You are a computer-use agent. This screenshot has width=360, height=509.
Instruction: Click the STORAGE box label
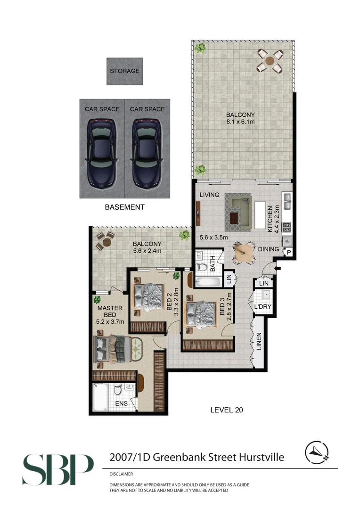coord(124,71)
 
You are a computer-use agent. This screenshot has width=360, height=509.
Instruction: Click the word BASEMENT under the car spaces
coord(124,207)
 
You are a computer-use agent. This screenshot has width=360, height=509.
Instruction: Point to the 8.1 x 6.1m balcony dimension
coord(240,123)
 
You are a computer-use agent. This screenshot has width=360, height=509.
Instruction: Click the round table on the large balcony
coord(270,61)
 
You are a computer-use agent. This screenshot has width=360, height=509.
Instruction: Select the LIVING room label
coord(210,195)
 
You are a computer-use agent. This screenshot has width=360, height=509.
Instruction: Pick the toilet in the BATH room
coord(202,268)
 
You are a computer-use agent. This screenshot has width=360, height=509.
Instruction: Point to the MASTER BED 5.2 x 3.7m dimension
coord(110,322)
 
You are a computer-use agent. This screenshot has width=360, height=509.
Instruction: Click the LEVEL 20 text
coord(226,410)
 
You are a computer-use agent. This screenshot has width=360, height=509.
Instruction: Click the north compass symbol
coord(316,453)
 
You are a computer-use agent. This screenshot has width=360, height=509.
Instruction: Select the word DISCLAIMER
coord(121,474)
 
